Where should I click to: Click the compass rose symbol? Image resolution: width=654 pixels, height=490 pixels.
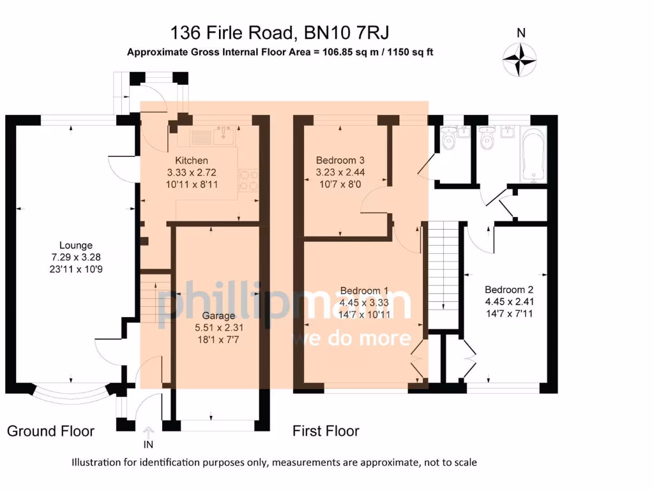[521, 59]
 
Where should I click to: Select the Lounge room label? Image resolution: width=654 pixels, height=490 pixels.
[75, 245]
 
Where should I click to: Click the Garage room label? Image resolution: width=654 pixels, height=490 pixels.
[218, 315]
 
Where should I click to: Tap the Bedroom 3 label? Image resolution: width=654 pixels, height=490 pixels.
[340, 160]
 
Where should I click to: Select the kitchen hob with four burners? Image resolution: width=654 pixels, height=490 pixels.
[248, 180]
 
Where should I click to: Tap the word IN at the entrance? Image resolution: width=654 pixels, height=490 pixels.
[148, 445]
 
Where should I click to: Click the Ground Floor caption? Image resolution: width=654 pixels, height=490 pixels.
[50, 431]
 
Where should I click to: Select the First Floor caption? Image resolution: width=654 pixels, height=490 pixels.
[326, 431]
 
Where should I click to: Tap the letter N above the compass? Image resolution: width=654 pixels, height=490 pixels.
[521, 33]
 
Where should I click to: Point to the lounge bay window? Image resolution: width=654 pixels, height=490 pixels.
[72, 397]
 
